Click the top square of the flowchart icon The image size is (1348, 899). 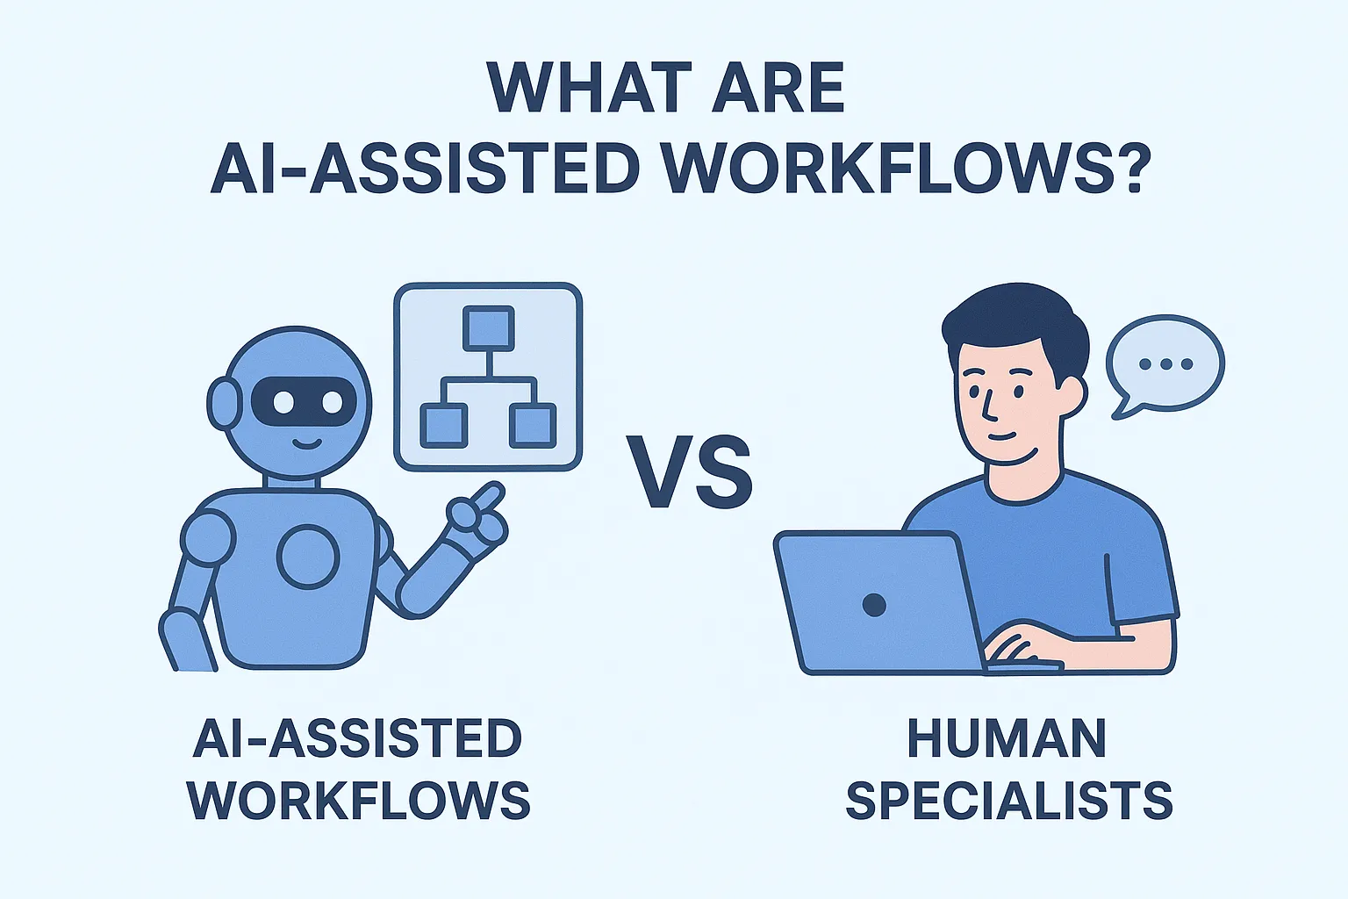tap(488, 328)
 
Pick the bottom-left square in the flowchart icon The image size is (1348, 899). tap(443, 425)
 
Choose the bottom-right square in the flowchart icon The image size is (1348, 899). tap(532, 425)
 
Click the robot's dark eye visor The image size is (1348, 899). tap(304, 402)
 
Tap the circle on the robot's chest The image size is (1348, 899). tap(309, 556)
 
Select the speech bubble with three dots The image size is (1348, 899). tap(1165, 363)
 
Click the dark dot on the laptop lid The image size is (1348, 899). tap(874, 604)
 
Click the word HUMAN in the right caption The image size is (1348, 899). tap(1007, 739)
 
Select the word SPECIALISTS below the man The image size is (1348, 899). tap(1008, 800)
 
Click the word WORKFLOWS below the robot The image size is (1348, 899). tap(359, 800)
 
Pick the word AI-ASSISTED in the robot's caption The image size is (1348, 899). tap(357, 739)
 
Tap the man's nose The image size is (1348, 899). tap(989, 406)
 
